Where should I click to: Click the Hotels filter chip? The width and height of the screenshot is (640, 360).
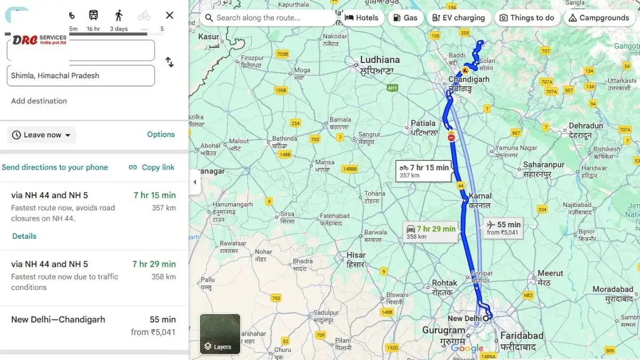pyautogui.click(x=362, y=18)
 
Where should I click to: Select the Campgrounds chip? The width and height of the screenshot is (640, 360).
pyautogui.click(x=599, y=18)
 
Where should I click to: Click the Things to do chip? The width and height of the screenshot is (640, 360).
pyautogui.click(x=526, y=18)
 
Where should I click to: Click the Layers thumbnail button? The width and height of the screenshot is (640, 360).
pyautogui.click(x=220, y=334)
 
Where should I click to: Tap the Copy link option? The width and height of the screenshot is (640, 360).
pyautogui.click(x=152, y=167)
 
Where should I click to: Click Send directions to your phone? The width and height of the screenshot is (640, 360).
pyautogui.click(x=55, y=167)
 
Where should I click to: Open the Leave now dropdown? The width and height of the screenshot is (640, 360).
pyautogui.click(x=42, y=135)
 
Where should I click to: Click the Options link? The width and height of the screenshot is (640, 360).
pyautogui.click(x=161, y=134)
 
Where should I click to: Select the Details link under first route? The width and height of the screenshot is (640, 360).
pyautogui.click(x=25, y=236)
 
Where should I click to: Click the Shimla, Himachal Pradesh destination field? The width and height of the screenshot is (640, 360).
pyautogui.click(x=81, y=76)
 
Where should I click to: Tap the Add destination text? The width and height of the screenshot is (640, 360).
pyautogui.click(x=39, y=101)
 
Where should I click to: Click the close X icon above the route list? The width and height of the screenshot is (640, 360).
pyautogui.click(x=170, y=15)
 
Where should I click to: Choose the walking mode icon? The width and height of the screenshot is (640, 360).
pyautogui.click(x=118, y=15)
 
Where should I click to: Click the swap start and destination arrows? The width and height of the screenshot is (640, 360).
pyautogui.click(x=170, y=62)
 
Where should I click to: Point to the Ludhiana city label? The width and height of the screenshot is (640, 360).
pyautogui.click(x=380, y=60)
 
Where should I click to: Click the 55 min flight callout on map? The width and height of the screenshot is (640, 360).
pyautogui.click(x=503, y=228)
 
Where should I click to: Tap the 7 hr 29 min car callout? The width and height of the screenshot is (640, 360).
pyautogui.click(x=431, y=231)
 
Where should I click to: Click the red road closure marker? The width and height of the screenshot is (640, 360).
pyautogui.click(x=451, y=138)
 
